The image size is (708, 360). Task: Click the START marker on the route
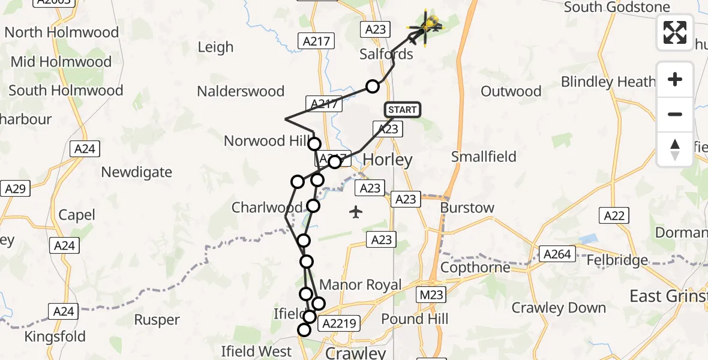[x=402, y=110]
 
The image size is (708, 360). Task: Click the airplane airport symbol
[x=356, y=212]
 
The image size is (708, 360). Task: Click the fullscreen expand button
[x=675, y=32]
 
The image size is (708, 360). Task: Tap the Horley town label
[x=388, y=160]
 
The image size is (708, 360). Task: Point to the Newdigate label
[x=136, y=172]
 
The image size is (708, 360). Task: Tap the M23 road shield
[x=431, y=293]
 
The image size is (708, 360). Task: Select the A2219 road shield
[x=340, y=324]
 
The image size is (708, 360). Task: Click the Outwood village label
[x=511, y=91]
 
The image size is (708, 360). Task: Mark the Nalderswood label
[x=241, y=91]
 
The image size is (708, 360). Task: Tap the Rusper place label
[x=157, y=320]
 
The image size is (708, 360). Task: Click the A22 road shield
[x=614, y=216]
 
